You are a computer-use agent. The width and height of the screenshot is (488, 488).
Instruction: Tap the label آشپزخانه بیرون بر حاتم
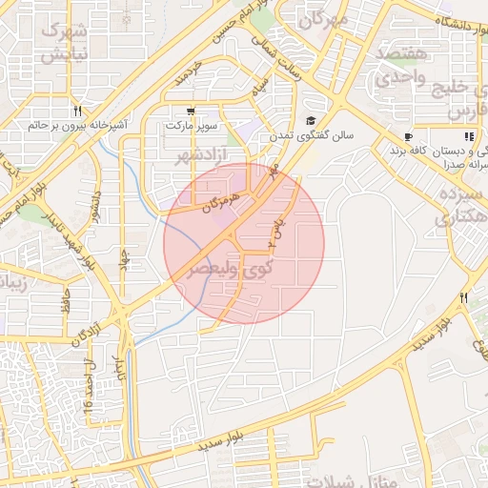point(75,125)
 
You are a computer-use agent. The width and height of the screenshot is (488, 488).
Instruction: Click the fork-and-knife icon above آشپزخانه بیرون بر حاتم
point(76,110)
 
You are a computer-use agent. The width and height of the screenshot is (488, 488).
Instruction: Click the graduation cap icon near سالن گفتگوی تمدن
point(312,121)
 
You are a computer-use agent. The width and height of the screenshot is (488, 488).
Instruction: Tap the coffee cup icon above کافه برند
point(408,136)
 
